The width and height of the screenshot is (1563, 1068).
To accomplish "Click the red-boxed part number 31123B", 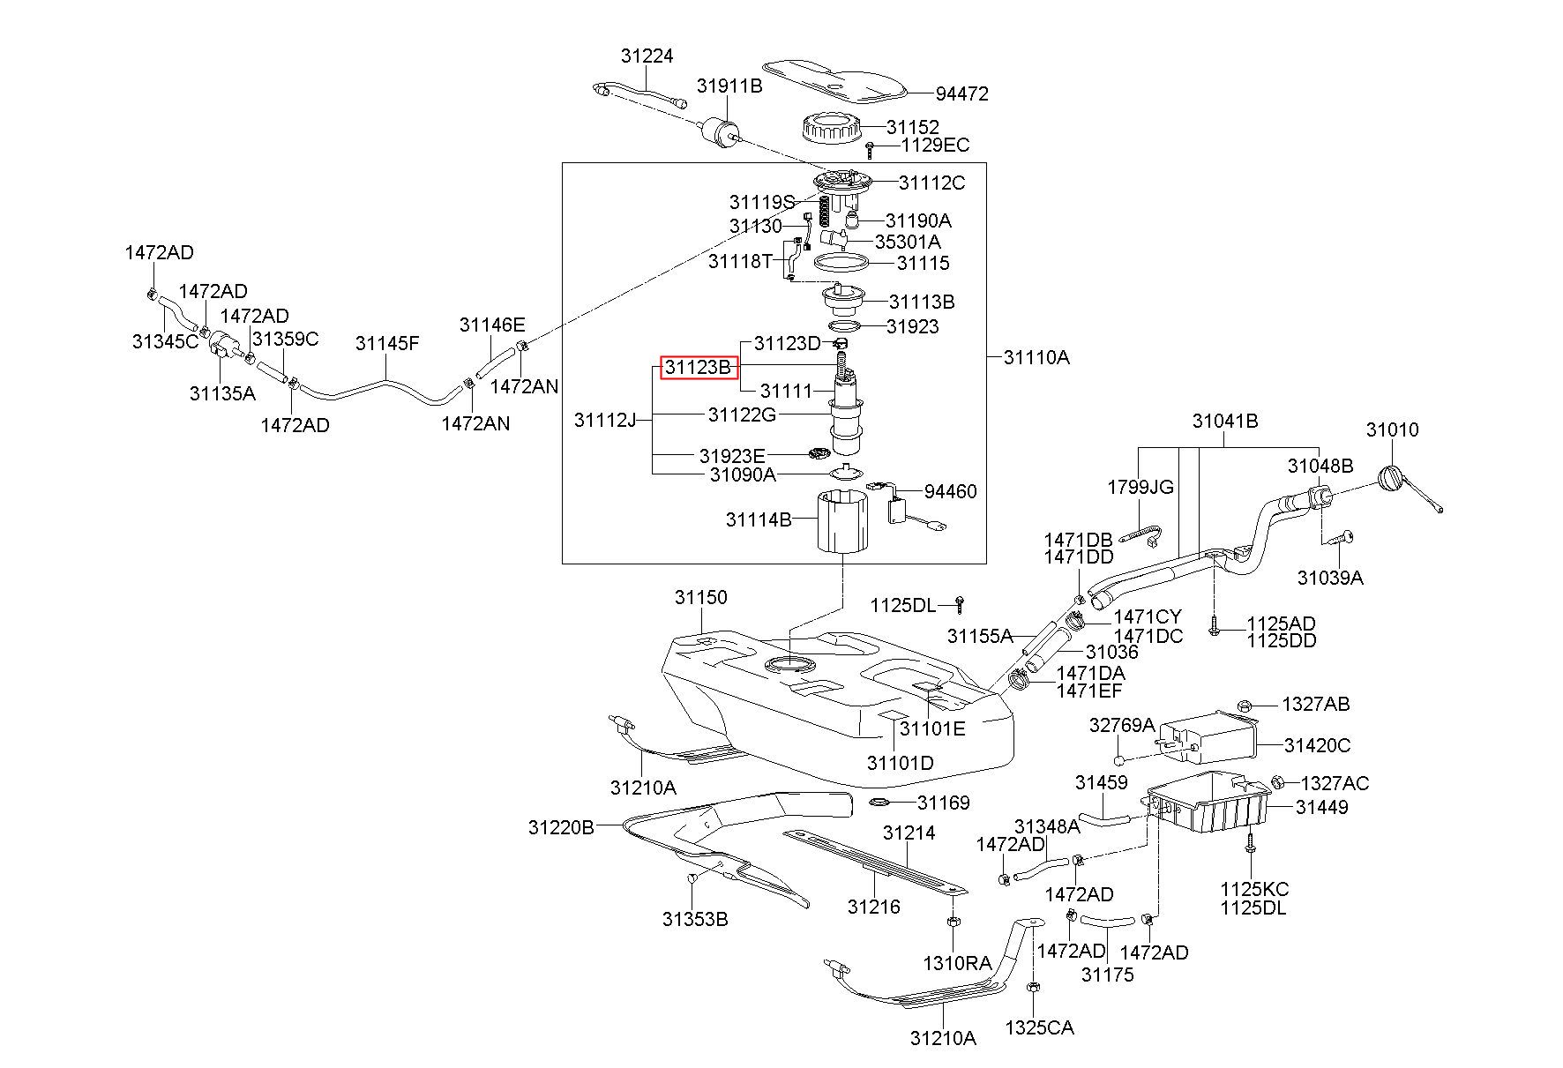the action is point(699,368).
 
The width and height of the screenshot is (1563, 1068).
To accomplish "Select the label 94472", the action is point(961,93).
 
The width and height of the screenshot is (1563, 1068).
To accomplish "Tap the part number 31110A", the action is point(1036,357).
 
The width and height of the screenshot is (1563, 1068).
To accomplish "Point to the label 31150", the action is point(701,597).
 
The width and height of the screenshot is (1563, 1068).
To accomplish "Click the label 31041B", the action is point(1225,421).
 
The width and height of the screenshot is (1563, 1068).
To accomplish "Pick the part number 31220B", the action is point(562,827).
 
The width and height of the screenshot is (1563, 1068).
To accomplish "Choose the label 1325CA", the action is point(1040,1027).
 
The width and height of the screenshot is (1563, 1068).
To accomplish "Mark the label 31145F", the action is point(387,343).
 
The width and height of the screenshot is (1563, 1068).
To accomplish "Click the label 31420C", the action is point(1317,745).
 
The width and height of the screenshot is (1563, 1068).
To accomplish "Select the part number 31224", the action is point(647,56).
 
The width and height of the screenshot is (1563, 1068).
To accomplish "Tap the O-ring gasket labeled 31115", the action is point(841,263).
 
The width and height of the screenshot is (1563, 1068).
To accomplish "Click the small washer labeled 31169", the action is point(881,802).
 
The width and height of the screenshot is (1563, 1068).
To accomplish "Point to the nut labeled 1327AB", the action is point(1244,705).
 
